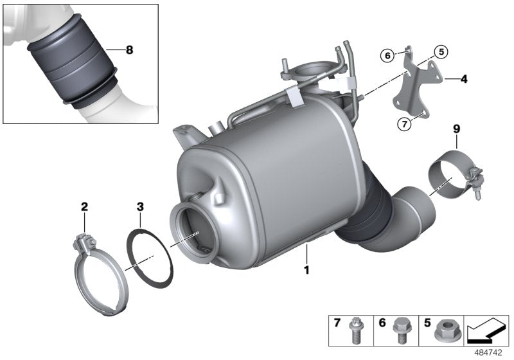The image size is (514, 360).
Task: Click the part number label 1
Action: [x=306, y=271]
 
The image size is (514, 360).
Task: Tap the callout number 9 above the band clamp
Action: [x=457, y=129]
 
